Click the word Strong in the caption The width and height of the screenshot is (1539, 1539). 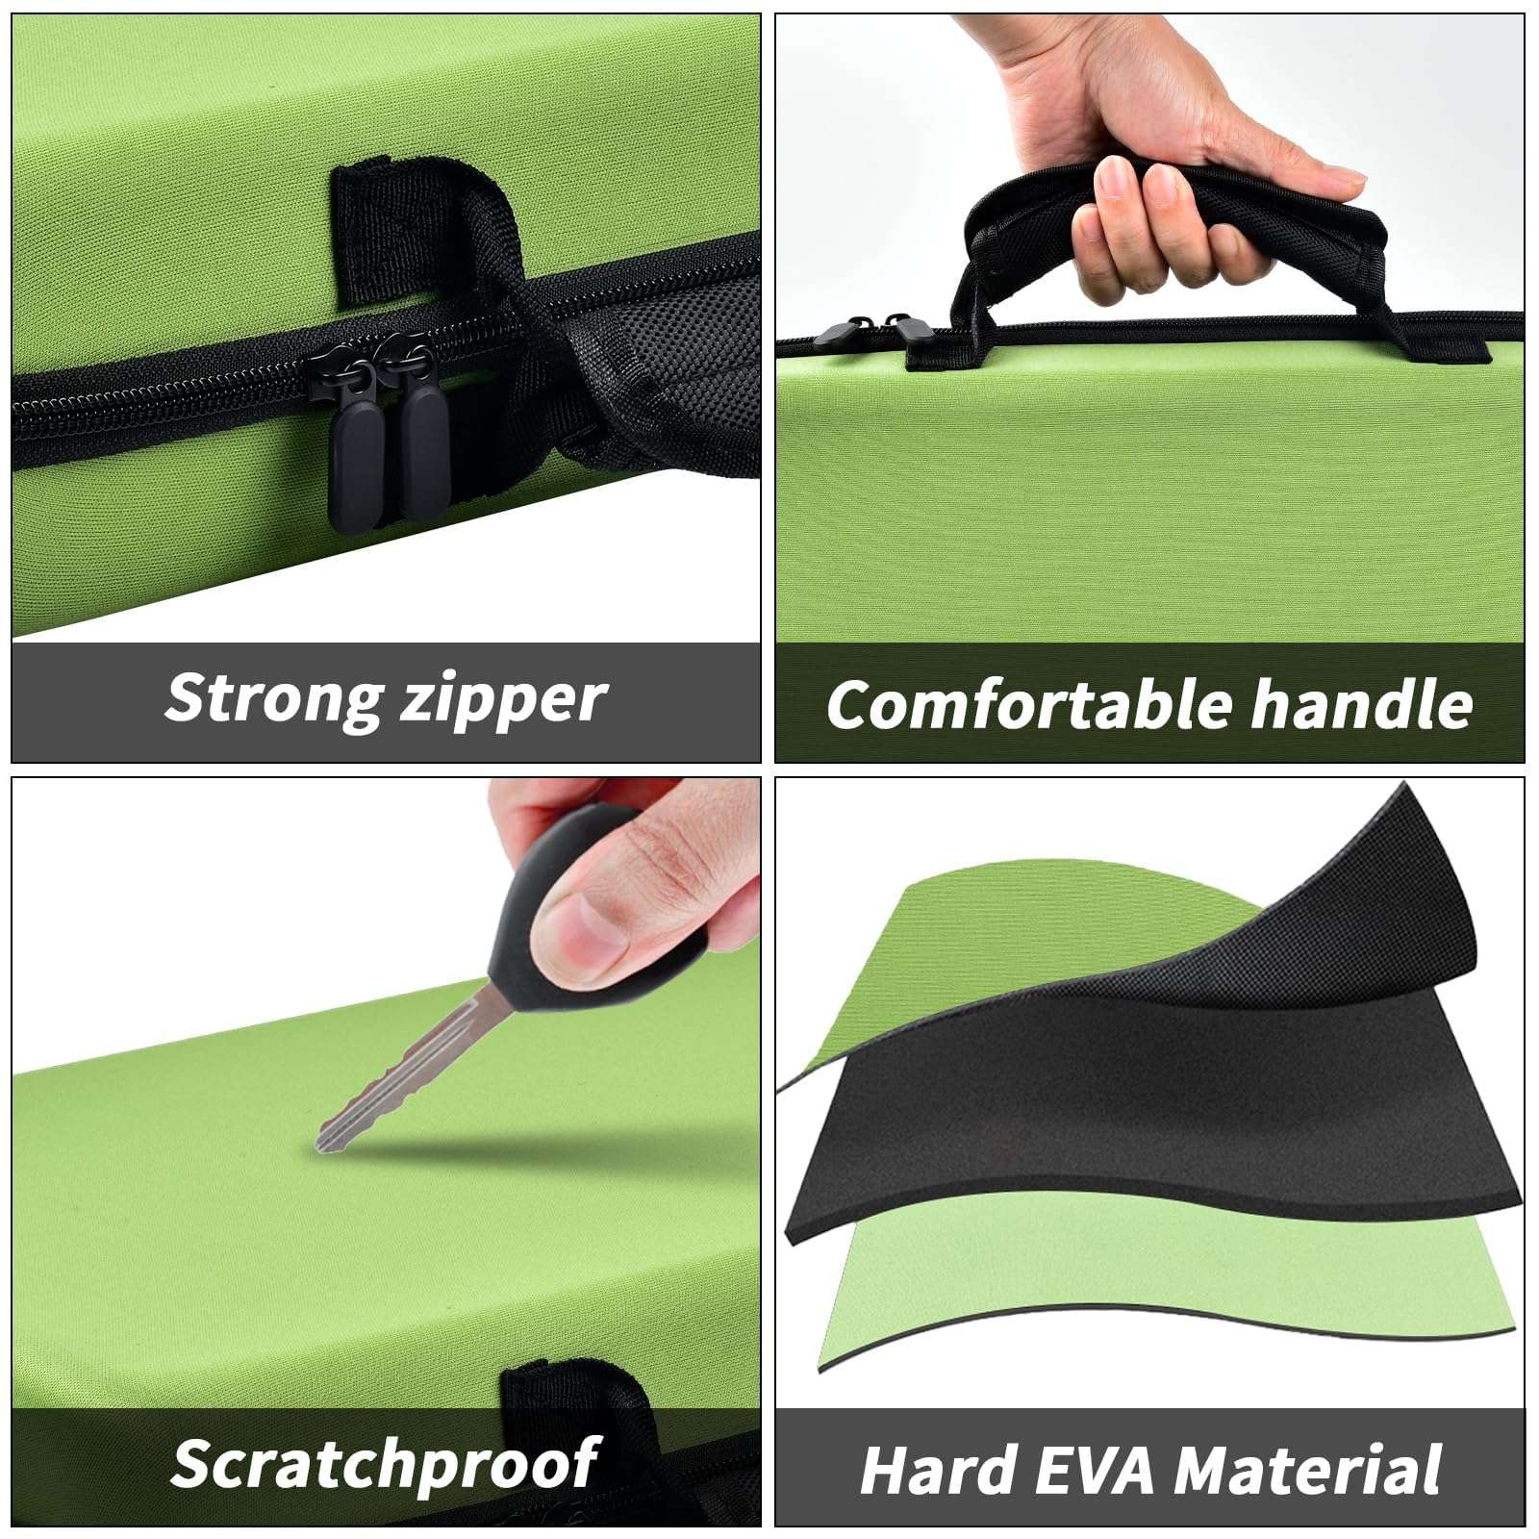click(x=273, y=696)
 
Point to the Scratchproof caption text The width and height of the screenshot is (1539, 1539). click(x=385, y=1464)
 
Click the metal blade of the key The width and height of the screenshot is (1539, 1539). click(x=404, y=1073)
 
